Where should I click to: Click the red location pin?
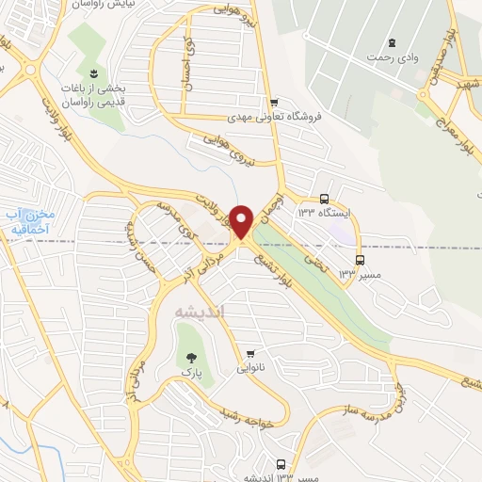coord(242,220)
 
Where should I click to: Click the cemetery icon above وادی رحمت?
coord(392,41)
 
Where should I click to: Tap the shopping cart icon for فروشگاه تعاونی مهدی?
coord(274,103)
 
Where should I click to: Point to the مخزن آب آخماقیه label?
coord(28,220)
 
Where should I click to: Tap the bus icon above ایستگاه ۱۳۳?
coord(325,200)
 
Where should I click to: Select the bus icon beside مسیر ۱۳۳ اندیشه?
coord(281,464)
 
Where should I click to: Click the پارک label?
coord(193,373)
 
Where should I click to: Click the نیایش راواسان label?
coord(105,4)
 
